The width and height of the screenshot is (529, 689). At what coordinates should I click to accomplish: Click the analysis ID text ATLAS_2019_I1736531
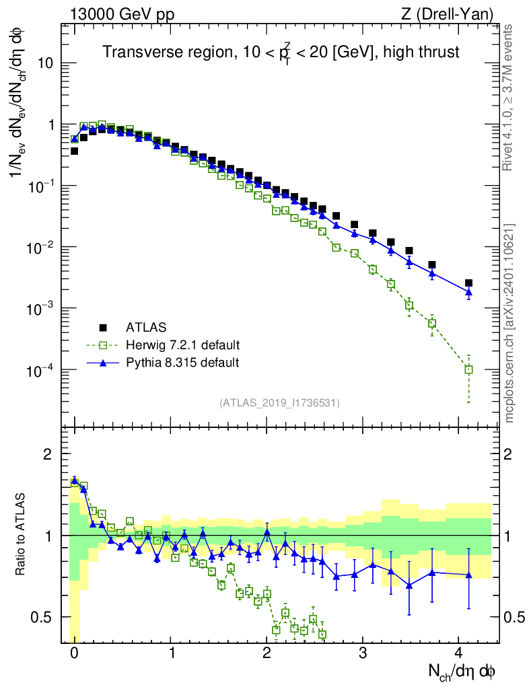(279, 403)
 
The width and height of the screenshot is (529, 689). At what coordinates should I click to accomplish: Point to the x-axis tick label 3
(363, 652)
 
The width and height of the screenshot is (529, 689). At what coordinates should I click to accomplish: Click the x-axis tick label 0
(74, 652)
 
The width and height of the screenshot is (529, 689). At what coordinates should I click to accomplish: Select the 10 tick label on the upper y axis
(46, 63)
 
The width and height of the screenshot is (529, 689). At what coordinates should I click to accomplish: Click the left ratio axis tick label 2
(48, 454)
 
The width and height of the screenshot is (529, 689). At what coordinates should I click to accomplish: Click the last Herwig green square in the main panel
(468, 369)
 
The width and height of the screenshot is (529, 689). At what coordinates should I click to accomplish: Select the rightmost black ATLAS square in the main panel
(468, 283)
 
